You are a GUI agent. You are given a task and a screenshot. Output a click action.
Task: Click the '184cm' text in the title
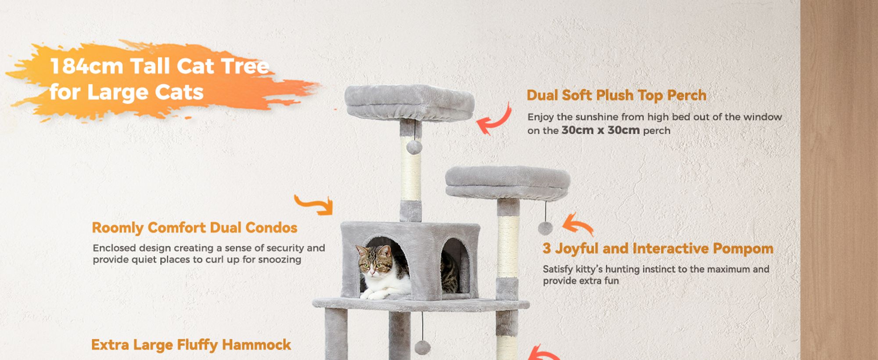87,66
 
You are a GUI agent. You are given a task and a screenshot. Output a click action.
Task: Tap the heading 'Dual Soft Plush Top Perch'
616,95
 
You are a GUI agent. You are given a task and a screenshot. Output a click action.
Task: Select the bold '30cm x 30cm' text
600,130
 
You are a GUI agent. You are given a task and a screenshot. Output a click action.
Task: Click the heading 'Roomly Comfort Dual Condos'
194,227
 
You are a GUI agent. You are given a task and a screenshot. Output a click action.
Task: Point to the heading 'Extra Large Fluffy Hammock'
191,345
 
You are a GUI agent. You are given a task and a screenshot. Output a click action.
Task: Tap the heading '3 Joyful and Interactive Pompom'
658,248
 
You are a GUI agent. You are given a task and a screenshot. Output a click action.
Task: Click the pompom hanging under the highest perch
414,147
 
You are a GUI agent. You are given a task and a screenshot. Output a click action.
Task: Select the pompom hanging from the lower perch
545,228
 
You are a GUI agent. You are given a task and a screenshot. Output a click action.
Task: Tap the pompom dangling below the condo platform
422,347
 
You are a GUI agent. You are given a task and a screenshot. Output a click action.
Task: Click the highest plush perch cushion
409,103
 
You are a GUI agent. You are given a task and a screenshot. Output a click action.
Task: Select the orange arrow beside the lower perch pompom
578,224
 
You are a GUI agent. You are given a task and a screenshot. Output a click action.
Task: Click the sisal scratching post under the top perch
411,169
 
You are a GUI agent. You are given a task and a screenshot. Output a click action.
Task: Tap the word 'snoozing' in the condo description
280,260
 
